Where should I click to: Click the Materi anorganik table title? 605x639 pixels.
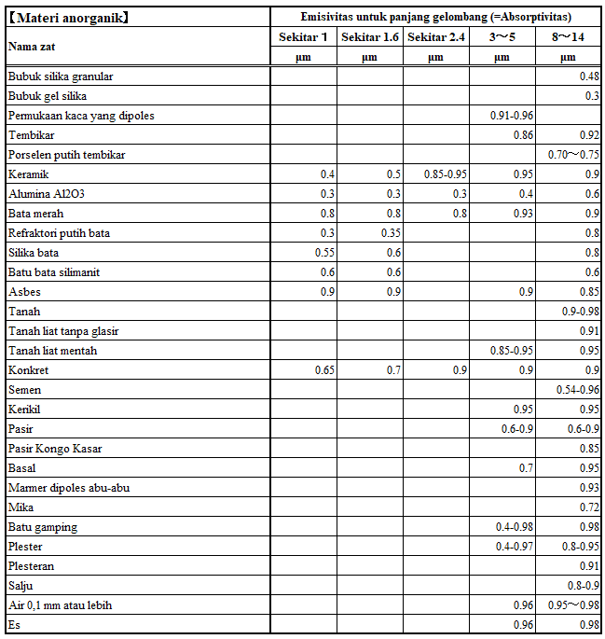tap(69, 17)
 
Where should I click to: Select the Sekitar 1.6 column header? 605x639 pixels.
tap(370, 36)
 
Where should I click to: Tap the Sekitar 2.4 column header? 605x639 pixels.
tap(435, 36)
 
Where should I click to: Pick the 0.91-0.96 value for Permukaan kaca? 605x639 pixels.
tap(511, 116)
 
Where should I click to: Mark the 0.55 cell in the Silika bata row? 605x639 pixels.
tap(323, 253)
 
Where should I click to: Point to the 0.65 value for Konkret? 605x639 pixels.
tap(323, 370)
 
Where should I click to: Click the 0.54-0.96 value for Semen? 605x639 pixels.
tap(578, 390)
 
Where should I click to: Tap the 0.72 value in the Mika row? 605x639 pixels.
tap(589, 507)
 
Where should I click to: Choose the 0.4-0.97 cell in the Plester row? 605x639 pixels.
tap(515, 547)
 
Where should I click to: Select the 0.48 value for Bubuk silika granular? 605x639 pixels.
tap(589, 76)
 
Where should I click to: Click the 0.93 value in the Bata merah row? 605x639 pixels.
tap(523, 214)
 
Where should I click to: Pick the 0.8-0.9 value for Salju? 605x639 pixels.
tap(584, 586)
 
